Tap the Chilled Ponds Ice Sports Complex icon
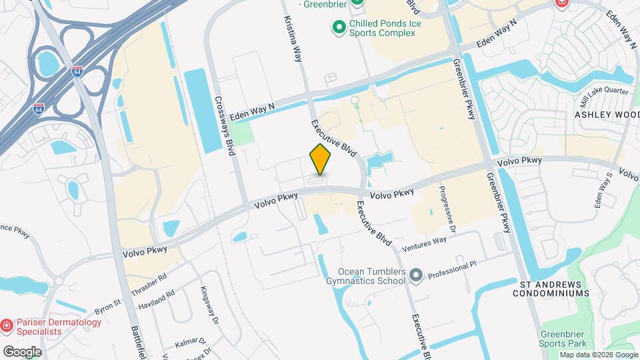[x=338, y=27]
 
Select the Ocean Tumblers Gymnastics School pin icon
[x=417, y=275]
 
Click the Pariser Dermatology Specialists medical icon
[x=7, y=326]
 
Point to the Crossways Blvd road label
[x=226, y=125]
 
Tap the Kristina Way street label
[x=294, y=38]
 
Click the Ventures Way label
[x=424, y=243]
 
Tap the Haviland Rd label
[x=156, y=299]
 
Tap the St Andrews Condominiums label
[x=555, y=289]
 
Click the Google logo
[x=22, y=351]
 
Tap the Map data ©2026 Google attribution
[x=598, y=355]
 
